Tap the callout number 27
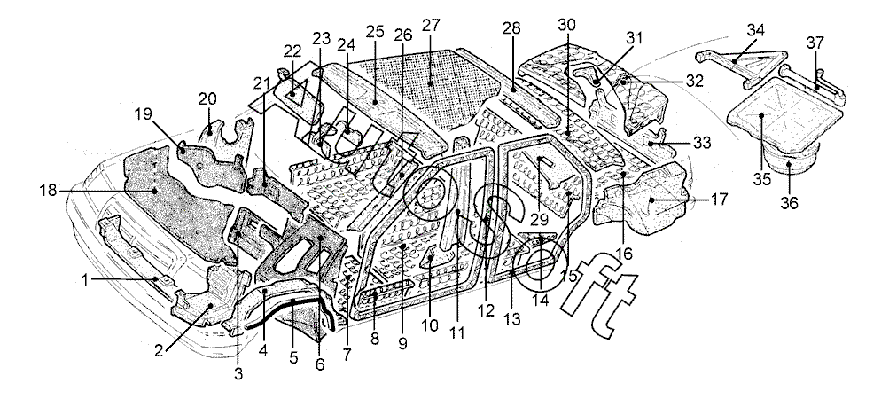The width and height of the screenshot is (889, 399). pyautogui.click(x=432, y=25)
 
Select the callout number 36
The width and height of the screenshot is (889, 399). pyautogui.click(x=789, y=202)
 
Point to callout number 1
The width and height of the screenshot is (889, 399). pyautogui.click(x=86, y=280)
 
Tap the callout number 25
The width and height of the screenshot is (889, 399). pyautogui.click(x=374, y=32)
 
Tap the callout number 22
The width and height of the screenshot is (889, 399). pyautogui.click(x=292, y=51)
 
